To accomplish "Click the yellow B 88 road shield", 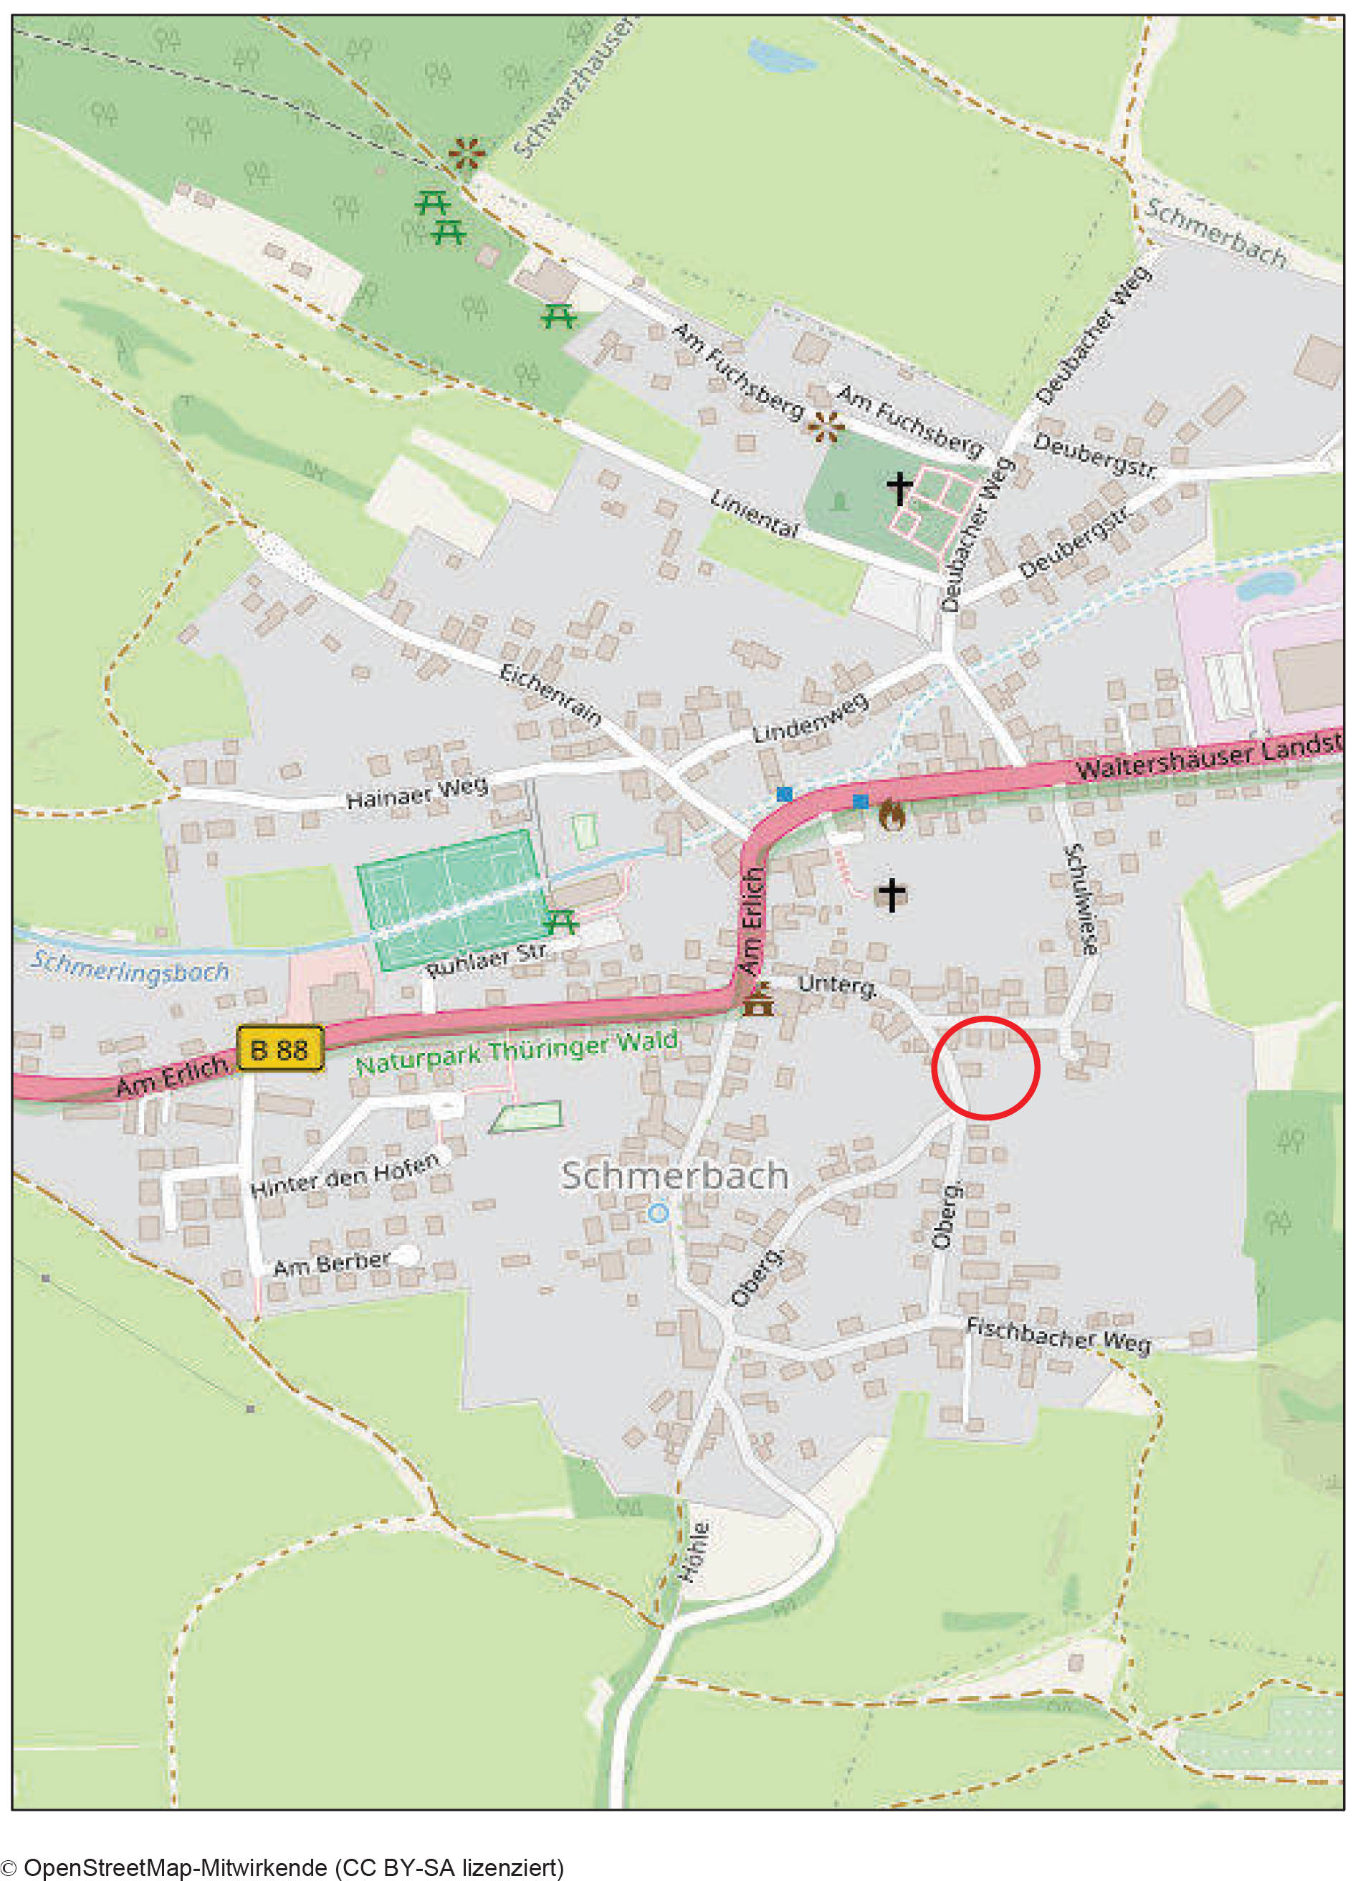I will (x=279, y=1049).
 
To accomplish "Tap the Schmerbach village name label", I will (x=674, y=1176).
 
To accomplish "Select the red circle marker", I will (x=985, y=1067).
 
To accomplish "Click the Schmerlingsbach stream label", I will (x=130, y=968).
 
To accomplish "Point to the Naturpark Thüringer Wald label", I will (x=517, y=1052).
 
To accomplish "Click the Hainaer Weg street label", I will (x=417, y=792).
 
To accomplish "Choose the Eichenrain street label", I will (x=550, y=695).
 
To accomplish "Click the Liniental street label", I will (x=755, y=513).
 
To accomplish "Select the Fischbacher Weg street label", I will (x=1058, y=1335).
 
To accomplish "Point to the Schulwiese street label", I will (x=1082, y=899).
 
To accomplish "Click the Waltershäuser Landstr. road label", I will (x=1209, y=755).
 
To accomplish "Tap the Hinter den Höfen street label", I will (x=345, y=1174).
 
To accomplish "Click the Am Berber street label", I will (x=332, y=1264).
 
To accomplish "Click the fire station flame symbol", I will (x=892, y=814).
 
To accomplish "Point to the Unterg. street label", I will (x=836, y=984).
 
